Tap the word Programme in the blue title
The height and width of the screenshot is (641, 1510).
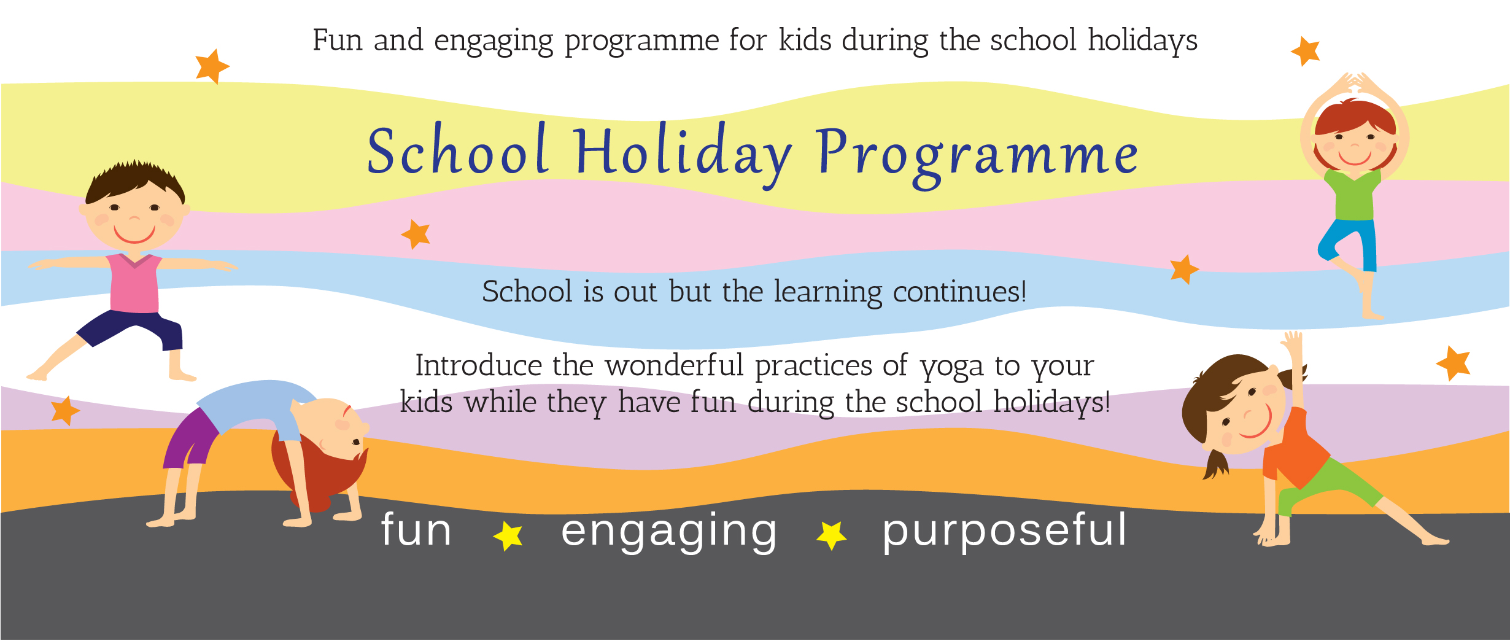coord(977,157)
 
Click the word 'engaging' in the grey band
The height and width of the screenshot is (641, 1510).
coord(669,532)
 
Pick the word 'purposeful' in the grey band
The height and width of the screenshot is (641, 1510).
coord(1004,532)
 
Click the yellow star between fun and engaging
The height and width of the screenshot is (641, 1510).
coord(508,535)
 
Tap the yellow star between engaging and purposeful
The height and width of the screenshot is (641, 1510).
coord(832,535)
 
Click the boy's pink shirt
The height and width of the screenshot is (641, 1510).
coord(134,283)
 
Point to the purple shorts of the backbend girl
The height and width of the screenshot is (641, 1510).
coord(190,439)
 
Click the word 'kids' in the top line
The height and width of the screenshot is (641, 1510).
coord(804,40)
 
